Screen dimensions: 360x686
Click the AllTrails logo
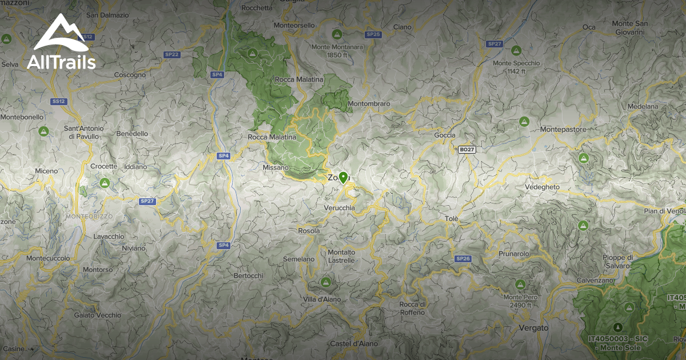(61, 43)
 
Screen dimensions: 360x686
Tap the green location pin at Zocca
(343, 177)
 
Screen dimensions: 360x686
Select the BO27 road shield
(467, 150)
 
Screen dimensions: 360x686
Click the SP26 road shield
(462, 259)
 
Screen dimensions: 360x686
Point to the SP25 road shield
(373, 34)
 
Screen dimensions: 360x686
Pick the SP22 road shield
(171, 54)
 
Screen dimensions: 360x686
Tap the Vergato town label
(533, 328)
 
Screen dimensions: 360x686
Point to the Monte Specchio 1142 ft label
(516, 67)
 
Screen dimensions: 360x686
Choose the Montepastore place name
(563, 130)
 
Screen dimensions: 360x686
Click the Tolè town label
(452, 219)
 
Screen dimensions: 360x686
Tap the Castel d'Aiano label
(352, 343)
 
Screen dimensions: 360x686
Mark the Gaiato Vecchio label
(98, 315)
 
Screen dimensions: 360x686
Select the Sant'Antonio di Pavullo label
(84, 132)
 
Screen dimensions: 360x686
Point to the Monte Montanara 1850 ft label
(337, 51)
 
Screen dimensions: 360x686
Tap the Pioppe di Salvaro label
(616, 262)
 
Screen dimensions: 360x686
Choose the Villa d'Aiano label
(322, 299)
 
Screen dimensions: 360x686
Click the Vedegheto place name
(542, 187)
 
